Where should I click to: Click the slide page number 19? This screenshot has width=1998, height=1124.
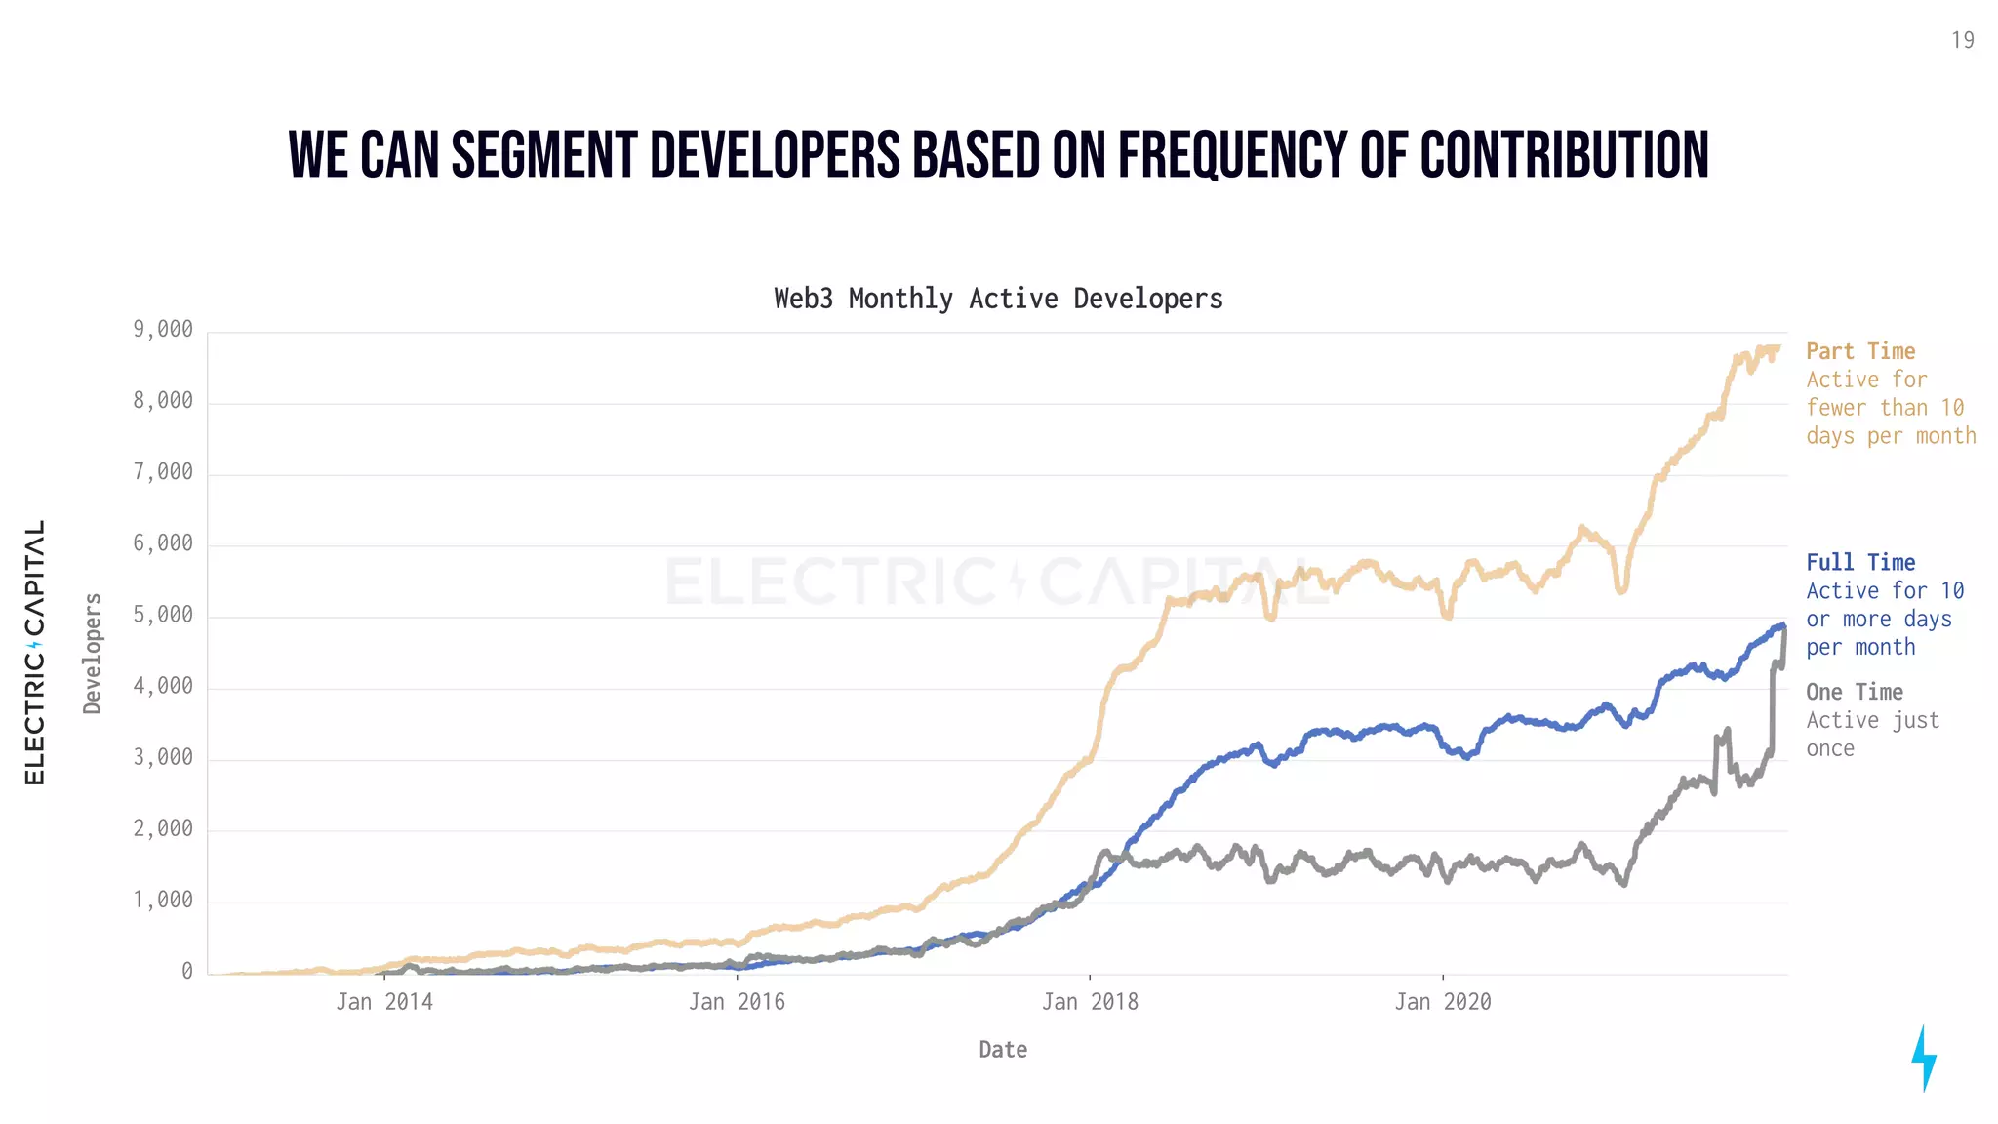1962,40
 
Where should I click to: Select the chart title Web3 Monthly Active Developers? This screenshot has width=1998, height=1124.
998,299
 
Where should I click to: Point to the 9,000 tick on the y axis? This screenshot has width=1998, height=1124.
163,330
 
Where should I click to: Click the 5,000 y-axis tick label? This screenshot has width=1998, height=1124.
163,615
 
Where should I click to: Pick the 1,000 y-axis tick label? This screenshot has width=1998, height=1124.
163,900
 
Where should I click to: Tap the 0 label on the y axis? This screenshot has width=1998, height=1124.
186,971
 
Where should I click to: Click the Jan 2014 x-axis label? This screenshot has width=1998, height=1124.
384,1002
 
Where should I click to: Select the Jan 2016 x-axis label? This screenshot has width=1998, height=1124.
737,1002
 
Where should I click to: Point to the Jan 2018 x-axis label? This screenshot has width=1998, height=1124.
1090,1002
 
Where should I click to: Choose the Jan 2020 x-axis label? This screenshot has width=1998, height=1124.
1442,1002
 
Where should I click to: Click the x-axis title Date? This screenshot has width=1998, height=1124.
1003,1050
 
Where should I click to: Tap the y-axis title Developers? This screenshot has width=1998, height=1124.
93,654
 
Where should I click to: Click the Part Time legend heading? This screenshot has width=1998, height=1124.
1859,351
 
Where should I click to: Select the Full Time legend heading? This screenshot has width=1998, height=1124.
1859,563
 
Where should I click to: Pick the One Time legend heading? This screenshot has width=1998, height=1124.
1854,692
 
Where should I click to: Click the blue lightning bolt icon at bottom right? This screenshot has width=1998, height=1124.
1923,1058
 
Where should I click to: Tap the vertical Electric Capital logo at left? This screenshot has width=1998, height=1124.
35,652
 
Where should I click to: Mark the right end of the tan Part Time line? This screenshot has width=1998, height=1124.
1779,347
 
